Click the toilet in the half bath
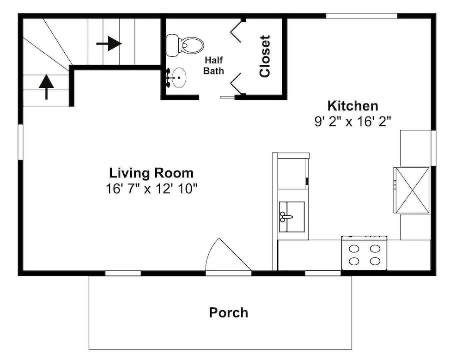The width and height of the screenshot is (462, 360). (185, 45)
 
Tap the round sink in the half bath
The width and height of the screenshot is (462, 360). (178, 78)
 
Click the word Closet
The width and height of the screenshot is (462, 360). (265, 56)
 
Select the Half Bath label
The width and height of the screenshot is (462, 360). (214, 66)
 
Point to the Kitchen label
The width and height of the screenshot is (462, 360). (353, 105)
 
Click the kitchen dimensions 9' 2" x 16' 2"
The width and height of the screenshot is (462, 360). (353, 121)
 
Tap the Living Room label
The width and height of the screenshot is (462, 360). (151, 173)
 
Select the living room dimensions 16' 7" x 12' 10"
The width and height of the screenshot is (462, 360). (151, 189)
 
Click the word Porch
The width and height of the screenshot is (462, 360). (229, 312)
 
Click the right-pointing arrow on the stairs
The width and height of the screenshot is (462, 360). (109, 43)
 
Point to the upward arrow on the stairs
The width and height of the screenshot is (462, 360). (46, 87)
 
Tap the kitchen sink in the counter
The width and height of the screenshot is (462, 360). (292, 217)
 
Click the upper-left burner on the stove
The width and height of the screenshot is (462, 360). (354, 249)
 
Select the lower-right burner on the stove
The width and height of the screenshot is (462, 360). (375, 261)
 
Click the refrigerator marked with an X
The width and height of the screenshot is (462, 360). (412, 190)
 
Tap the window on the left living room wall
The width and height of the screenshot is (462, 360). (20, 142)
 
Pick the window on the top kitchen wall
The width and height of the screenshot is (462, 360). (362, 16)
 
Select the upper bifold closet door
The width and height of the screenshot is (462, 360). (236, 31)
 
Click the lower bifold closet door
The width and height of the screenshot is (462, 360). (236, 84)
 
